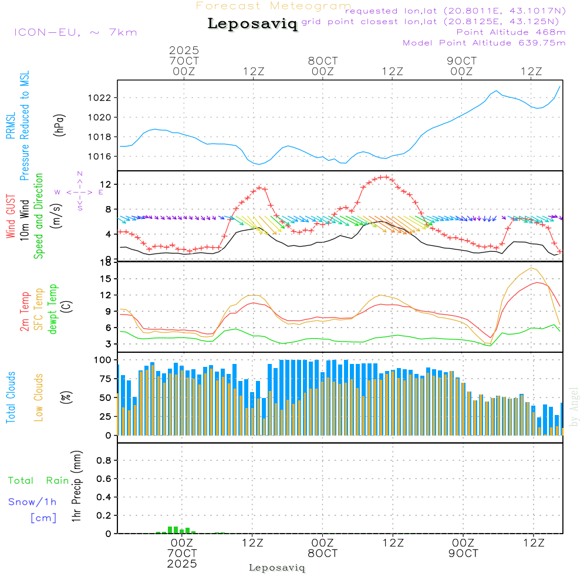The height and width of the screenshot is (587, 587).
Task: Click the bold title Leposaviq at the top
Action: (x=252, y=25)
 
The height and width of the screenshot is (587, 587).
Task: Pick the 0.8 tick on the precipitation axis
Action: (x=104, y=461)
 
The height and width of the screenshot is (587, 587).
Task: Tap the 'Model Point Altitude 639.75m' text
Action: (x=484, y=43)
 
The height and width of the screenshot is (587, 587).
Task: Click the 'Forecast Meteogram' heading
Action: (x=274, y=6)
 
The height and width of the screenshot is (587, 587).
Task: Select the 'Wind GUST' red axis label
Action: (x=11, y=218)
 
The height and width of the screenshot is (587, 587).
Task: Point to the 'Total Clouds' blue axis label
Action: (x=11, y=397)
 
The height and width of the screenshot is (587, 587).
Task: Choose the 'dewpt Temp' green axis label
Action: (x=53, y=309)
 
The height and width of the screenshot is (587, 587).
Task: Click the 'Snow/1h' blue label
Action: (x=33, y=502)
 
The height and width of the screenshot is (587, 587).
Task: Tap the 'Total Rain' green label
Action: (x=38, y=480)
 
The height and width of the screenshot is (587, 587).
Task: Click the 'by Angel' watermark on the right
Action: (x=574, y=406)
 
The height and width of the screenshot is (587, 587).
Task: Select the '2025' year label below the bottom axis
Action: (x=181, y=564)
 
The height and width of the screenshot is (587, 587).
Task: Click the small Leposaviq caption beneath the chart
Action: (x=277, y=568)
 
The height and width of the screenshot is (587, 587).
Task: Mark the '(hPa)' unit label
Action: (x=59, y=125)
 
